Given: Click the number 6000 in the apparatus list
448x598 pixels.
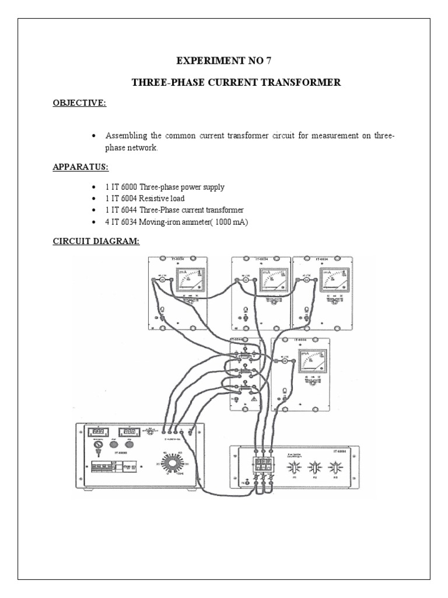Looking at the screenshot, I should [x=128, y=187].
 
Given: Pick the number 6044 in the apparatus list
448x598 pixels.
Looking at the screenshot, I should [x=128, y=210].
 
